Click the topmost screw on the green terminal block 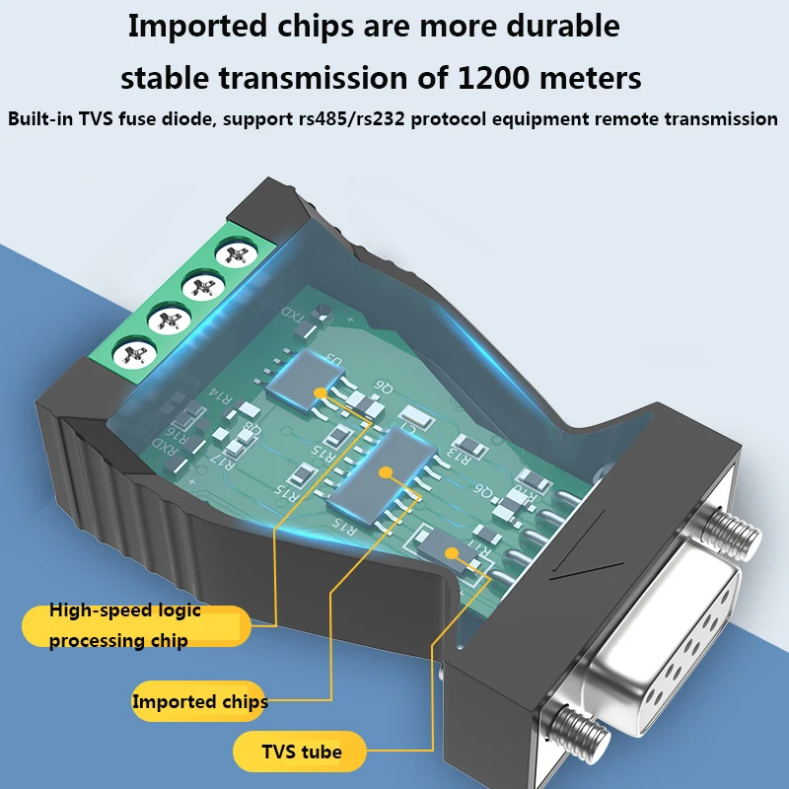click(234, 253)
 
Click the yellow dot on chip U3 click(321, 392)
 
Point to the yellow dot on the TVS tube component click(453, 552)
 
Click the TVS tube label click(301, 753)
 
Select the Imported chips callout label click(200, 702)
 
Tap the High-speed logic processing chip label click(125, 625)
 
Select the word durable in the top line click(557, 27)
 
